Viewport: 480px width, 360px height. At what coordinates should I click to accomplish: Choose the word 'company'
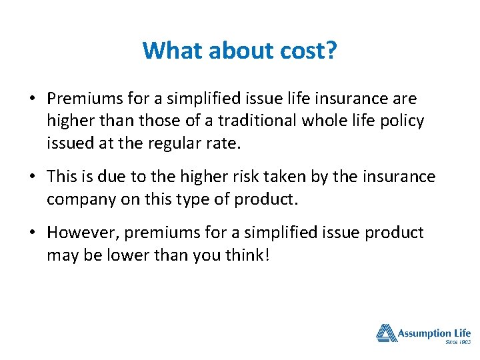(x=79, y=199)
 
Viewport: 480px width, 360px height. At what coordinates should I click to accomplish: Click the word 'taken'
(x=299, y=177)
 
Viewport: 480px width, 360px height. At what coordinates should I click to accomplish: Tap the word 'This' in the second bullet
(x=63, y=177)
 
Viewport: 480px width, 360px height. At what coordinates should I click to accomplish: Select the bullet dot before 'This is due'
(x=32, y=178)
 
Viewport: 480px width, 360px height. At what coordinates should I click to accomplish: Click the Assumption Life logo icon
(x=386, y=333)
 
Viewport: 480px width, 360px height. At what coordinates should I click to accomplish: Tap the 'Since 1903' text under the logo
(x=457, y=342)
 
